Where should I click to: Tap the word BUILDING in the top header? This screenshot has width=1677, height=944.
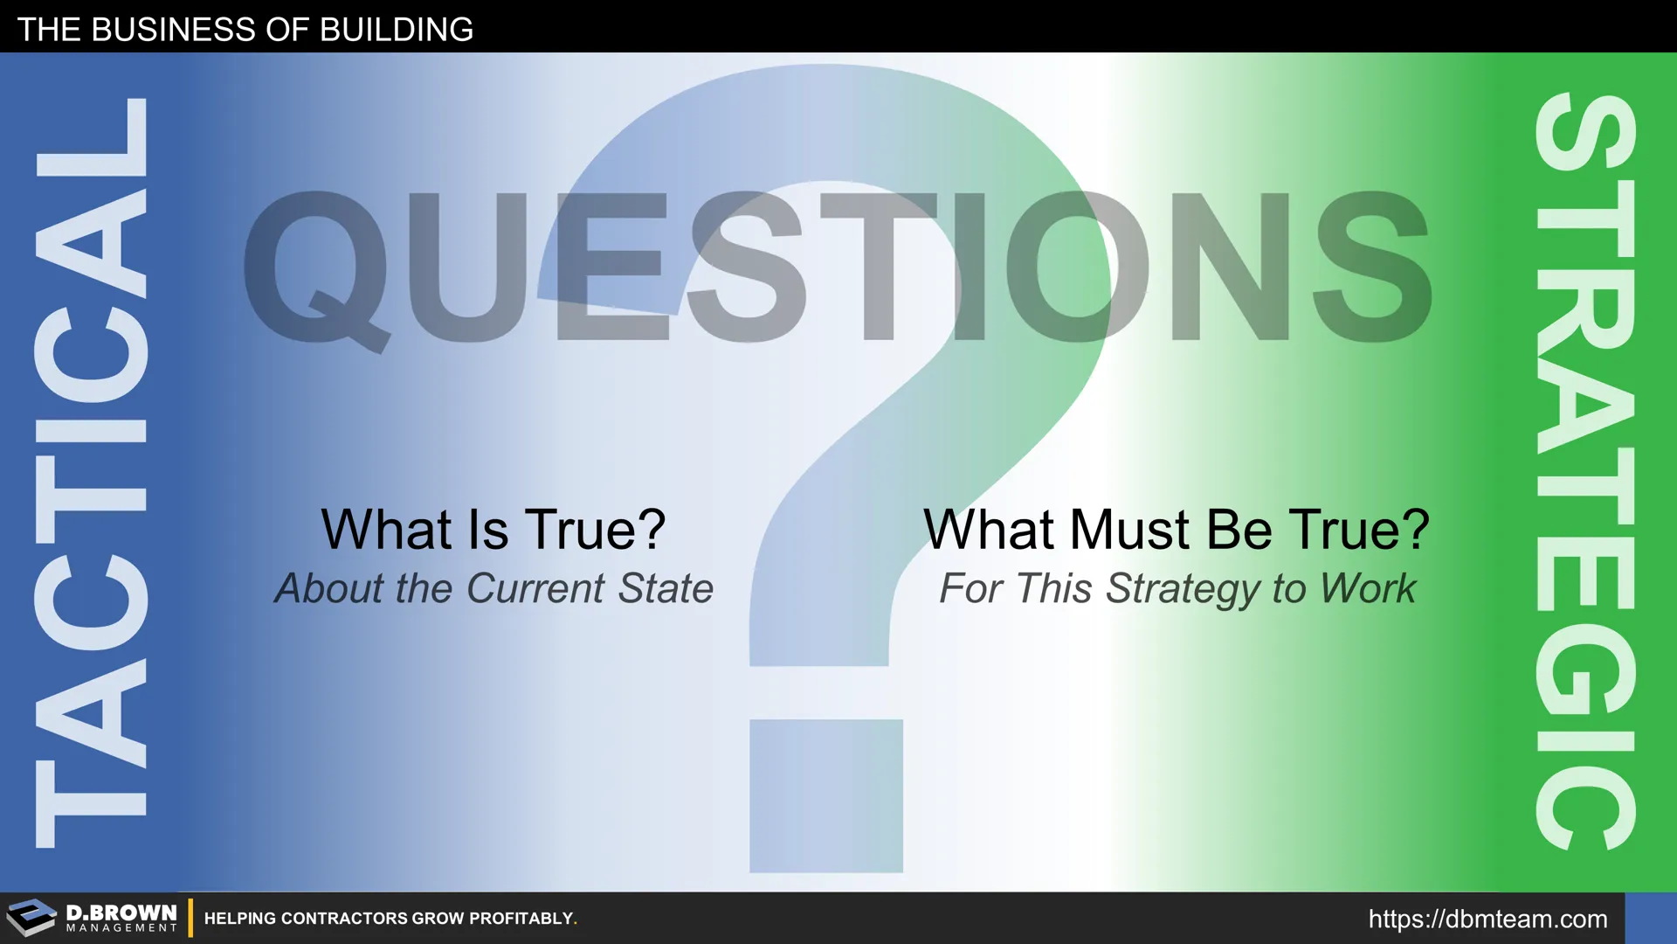pyautogui.click(x=397, y=30)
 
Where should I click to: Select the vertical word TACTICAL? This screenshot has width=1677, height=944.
pyautogui.click(x=91, y=472)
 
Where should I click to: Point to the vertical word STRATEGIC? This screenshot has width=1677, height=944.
pyautogui.click(x=1584, y=472)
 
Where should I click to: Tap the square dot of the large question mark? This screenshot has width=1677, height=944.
pyautogui.click(x=826, y=795)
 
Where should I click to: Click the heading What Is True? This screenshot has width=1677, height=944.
pyautogui.click(x=493, y=530)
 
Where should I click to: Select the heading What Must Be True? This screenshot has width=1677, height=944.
pyautogui.click(x=1177, y=530)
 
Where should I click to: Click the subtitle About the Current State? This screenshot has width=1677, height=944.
pyautogui.click(x=493, y=588)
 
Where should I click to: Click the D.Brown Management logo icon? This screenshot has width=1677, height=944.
pyautogui.click(x=31, y=918)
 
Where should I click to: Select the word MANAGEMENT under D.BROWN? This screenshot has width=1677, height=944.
pyautogui.click(x=121, y=928)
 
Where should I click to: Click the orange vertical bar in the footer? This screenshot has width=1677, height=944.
pyautogui.click(x=190, y=918)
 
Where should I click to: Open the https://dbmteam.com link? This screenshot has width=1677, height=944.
pyautogui.click(x=1487, y=920)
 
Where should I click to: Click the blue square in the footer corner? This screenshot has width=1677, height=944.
pyautogui.click(x=1651, y=918)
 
